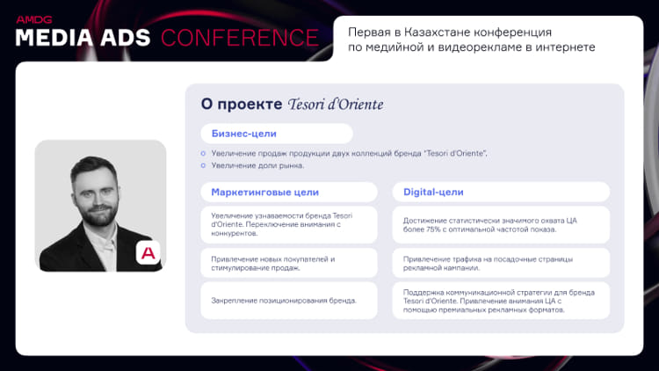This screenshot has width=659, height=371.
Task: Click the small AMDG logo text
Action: [x=34, y=19]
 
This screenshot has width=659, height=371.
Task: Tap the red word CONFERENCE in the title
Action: [x=240, y=38]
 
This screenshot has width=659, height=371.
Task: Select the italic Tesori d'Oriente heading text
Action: [x=336, y=105]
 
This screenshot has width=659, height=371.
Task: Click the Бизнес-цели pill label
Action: [x=243, y=134]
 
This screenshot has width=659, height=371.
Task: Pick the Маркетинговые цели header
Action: [x=264, y=193]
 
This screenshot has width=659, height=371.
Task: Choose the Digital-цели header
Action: [x=433, y=193]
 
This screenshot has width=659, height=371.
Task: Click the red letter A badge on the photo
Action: [x=148, y=253]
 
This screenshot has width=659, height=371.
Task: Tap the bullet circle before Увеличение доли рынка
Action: [x=204, y=166]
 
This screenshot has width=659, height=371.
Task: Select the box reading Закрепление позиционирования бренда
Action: [x=289, y=301]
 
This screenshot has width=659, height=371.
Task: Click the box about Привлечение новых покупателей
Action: [x=289, y=263]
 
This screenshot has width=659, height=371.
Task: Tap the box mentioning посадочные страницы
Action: [x=501, y=263]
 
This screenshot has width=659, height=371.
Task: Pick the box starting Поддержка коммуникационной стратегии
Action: [x=501, y=301]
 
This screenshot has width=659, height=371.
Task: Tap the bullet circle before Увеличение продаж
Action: [x=204, y=154]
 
